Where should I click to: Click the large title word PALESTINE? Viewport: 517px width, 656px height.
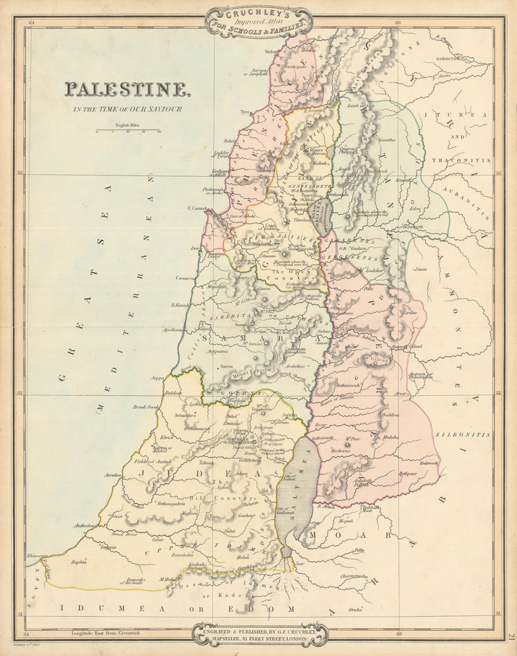coord(128,89)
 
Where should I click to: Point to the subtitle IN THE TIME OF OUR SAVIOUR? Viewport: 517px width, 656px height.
coord(127,109)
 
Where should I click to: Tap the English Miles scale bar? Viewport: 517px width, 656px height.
coord(128,129)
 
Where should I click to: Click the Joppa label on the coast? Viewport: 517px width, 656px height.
coord(158,378)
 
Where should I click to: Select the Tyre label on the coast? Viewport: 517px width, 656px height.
coord(245,112)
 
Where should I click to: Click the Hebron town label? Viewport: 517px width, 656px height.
coord(251,504)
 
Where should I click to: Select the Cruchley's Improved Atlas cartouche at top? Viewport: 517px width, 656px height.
coord(258,22)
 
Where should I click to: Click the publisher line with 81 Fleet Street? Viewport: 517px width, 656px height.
coord(259,638)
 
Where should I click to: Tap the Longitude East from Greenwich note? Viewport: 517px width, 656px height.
coord(105,633)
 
